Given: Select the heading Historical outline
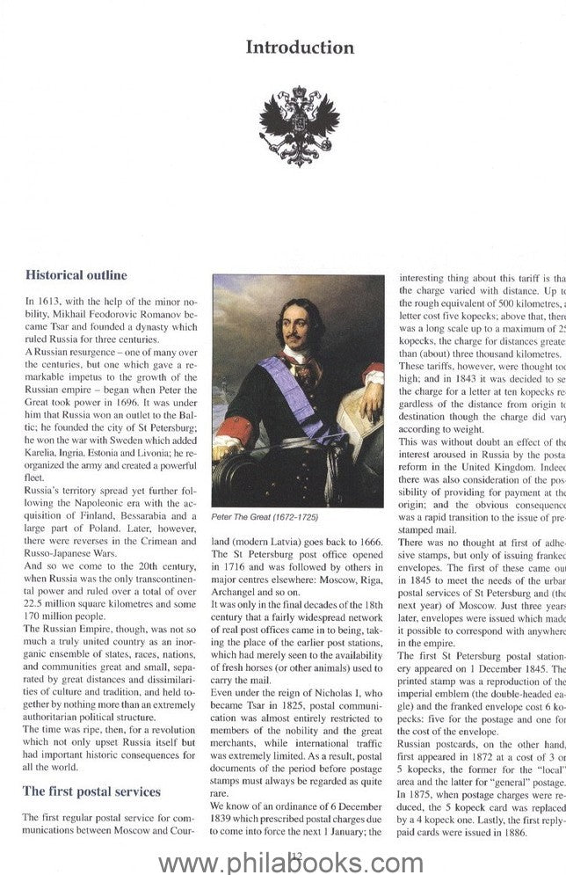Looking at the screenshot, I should pos(76,275).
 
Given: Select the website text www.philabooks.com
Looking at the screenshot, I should pos(283,856).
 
